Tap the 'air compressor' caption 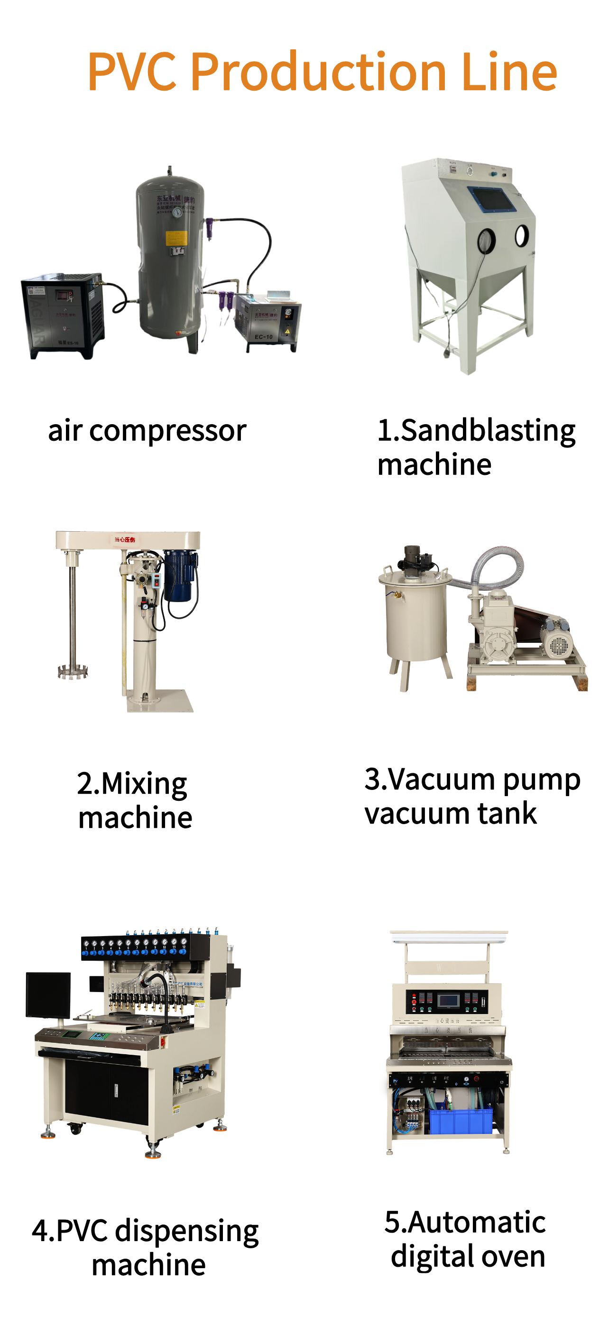pos(147,431)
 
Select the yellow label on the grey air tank pos(176,238)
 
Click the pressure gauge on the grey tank pos(177,212)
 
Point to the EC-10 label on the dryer pos(263,337)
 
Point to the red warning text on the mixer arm pos(125,540)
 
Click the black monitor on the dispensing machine pos(48,994)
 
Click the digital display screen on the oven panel pos(448,999)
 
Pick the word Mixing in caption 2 pos(144,784)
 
